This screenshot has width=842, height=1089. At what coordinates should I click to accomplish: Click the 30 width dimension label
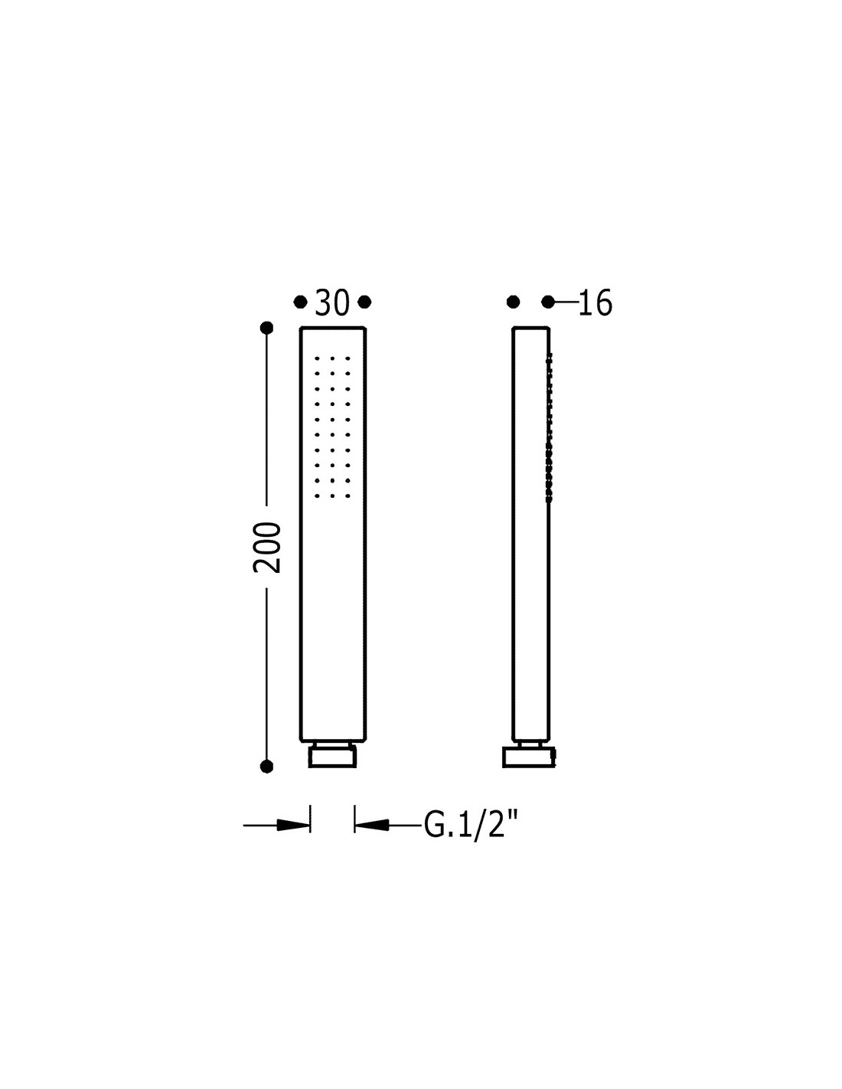click(331, 302)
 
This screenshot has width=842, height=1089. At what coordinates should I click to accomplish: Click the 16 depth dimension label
click(595, 302)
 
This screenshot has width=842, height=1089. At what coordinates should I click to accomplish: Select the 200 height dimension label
click(267, 548)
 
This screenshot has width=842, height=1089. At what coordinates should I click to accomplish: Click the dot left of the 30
click(300, 302)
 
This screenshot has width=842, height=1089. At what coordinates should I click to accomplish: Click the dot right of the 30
click(364, 302)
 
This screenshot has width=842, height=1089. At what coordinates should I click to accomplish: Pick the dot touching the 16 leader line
click(548, 302)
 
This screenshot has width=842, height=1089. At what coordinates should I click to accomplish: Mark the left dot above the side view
click(513, 302)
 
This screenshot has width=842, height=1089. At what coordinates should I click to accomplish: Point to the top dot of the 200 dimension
click(267, 328)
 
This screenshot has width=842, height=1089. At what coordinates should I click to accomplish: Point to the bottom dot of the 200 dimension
click(267, 767)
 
